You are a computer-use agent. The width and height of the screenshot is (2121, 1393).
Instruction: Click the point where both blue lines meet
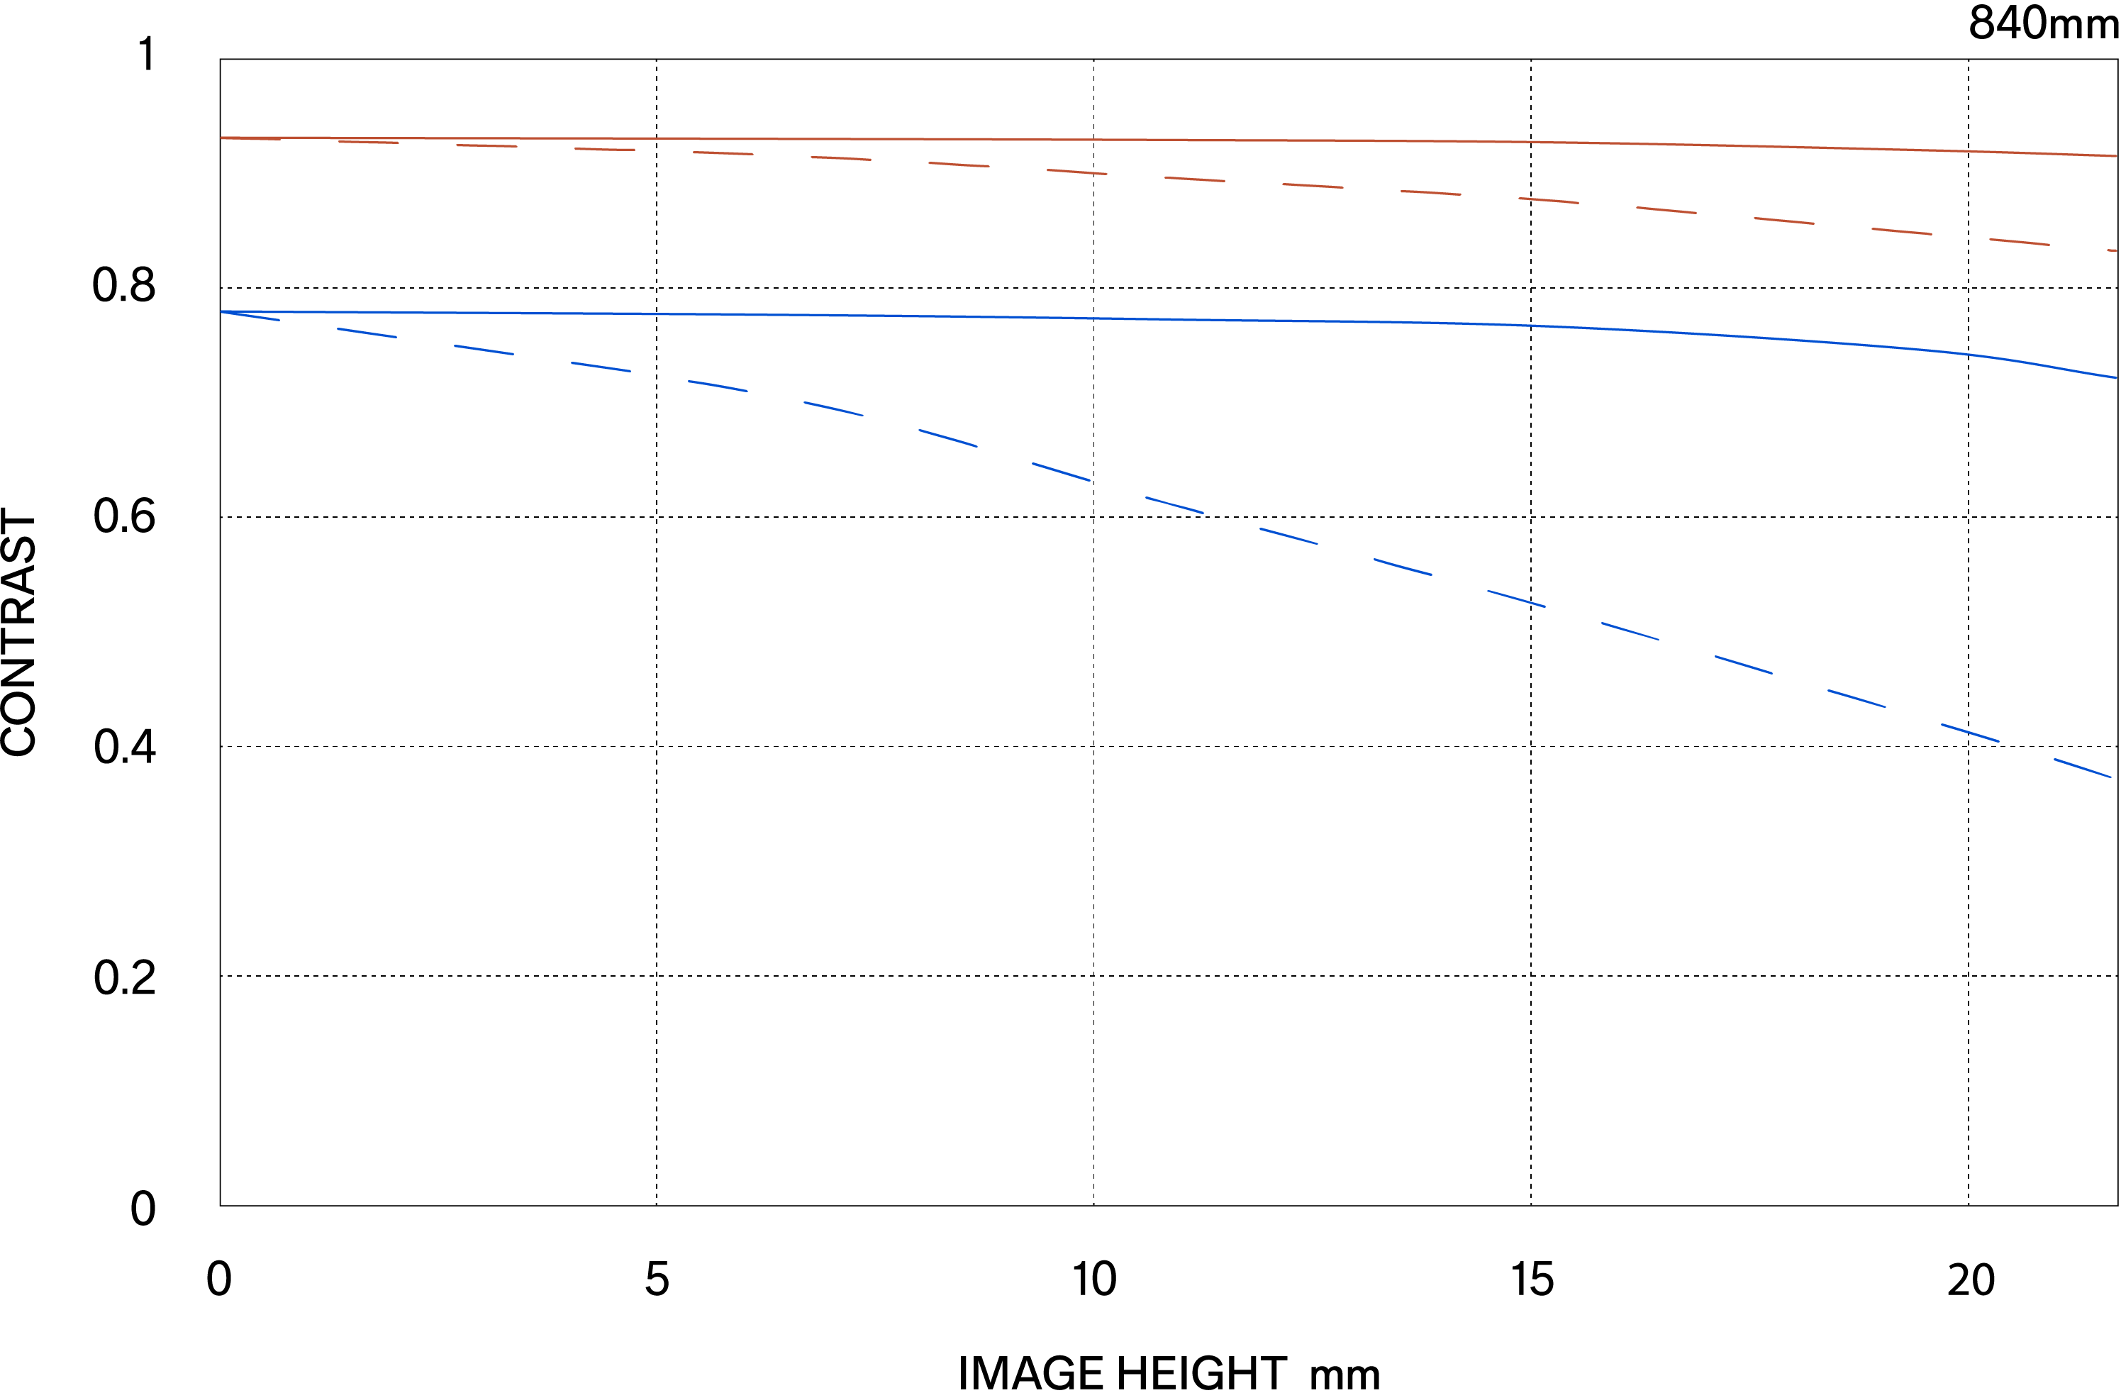point(222,312)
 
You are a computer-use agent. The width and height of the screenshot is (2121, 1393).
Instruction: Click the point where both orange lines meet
point(222,138)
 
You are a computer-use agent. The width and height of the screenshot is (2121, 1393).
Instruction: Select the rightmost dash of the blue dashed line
point(2083,768)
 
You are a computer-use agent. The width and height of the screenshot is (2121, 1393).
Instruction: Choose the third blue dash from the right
point(1857,699)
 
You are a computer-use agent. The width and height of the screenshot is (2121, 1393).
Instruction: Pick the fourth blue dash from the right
point(1744,665)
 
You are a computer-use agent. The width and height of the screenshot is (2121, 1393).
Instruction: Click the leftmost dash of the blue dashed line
point(250,316)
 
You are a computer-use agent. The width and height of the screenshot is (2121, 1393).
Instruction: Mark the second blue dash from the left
point(367,333)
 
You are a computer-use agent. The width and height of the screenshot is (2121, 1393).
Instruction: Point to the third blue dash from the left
point(484,350)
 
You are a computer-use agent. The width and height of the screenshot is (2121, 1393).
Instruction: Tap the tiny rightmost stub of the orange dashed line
point(2112,250)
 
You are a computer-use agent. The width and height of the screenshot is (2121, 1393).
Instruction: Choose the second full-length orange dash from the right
point(1901,232)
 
